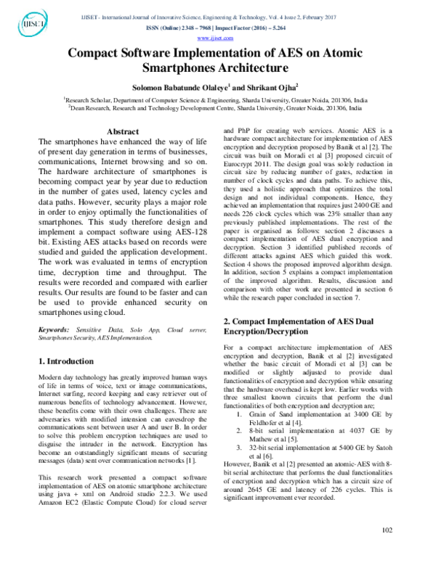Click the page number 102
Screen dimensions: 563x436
[387, 550]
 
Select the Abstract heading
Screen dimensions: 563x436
[123, 131]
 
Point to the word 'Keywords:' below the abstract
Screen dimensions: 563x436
[53, 329]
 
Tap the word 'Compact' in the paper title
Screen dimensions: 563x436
[97, 54]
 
